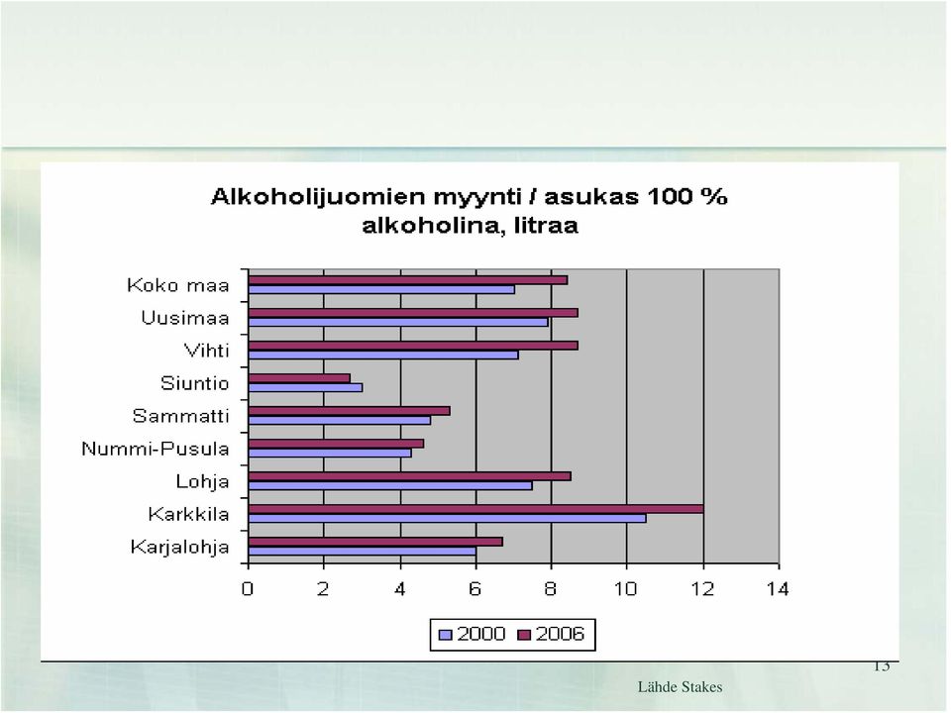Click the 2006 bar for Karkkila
click(476, 509)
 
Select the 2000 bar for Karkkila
click(448, 518)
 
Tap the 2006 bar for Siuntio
click(299, 378)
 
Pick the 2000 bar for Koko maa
click(381, 290)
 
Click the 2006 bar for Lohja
click(410, 476)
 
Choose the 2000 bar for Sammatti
click(340, 420)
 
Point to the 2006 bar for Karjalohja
click(375, 542)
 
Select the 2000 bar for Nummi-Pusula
click(330, 453)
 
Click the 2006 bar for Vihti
click(413, 346)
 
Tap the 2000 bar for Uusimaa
click(398, 323)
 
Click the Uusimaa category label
click(185, 318)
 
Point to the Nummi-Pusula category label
click(156, 449)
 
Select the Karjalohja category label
click(179, 548)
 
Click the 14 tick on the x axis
click(778, 588)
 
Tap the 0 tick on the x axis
click(248, 588)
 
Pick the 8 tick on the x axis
click(550, 588)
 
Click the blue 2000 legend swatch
click(445, 635)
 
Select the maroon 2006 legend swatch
click(524, 635)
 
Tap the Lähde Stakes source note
click(680, 687)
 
